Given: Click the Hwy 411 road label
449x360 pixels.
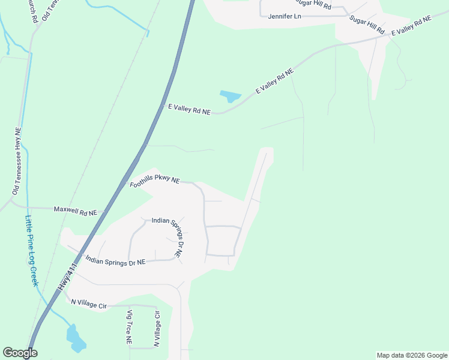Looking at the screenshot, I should pos(69,277).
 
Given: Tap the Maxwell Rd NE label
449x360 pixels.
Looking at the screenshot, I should pos(76,210).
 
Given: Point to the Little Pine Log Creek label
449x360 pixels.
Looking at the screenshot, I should pos(31,251).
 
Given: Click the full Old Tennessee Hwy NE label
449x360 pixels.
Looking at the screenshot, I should pos(17,160).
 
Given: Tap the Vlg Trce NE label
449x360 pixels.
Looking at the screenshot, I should pos(128,328).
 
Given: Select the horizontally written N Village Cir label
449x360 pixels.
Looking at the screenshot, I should pos(89,304).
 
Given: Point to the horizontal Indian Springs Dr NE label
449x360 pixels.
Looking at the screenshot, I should pos(116,262).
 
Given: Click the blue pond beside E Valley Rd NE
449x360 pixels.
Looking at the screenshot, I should pos(231,96).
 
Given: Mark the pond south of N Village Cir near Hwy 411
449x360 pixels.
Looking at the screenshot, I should pos(76,339).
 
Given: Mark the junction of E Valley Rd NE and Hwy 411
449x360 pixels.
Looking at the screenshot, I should pos(164,106).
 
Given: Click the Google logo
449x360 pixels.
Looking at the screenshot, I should pos(20,353).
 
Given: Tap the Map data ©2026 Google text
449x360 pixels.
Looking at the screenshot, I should pos(412,355).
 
